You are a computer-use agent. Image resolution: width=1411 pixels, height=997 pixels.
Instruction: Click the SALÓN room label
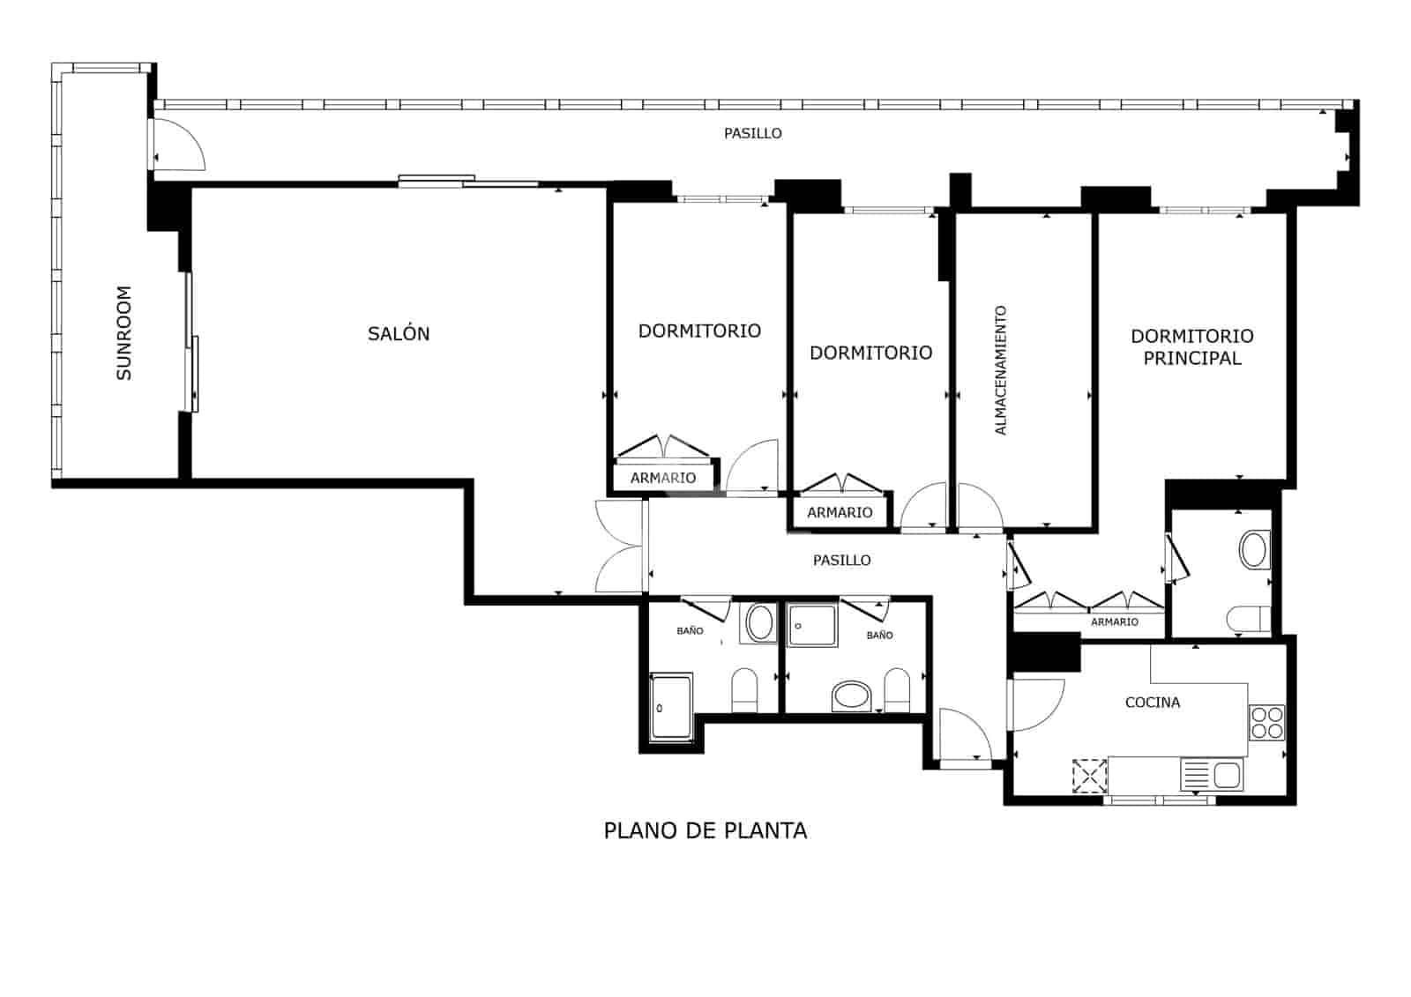tap(399, 334)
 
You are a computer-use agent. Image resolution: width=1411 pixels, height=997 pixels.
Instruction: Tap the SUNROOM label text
tap(124, 333)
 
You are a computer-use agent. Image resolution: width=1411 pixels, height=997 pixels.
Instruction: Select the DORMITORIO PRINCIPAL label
tap(1191, 346)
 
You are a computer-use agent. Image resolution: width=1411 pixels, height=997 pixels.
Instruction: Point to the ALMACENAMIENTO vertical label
tap(1000, 370)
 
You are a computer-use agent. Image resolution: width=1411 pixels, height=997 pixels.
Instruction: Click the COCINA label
tap(1152, 703)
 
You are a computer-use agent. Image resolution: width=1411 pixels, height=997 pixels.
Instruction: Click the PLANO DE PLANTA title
tap(705, 830)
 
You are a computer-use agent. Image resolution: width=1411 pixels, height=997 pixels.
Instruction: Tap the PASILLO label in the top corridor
tap(752, 134)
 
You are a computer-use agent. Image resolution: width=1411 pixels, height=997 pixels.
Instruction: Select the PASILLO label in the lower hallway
tap(841, 560)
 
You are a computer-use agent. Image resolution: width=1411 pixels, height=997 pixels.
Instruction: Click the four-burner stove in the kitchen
tap(1267, 722)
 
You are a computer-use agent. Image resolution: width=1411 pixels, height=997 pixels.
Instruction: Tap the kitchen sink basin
tap(1227, 776)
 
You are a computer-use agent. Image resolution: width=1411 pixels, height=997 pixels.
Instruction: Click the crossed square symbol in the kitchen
tap(1089, 776)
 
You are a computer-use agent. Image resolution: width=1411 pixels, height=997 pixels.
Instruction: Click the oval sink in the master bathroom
tap(1254, 549)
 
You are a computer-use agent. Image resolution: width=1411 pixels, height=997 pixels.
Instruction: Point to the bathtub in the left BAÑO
tap(671, 707)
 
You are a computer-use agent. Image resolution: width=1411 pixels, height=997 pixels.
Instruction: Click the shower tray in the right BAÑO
tap(812, 625)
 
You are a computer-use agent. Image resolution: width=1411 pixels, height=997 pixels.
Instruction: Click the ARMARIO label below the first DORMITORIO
tap(662, 478)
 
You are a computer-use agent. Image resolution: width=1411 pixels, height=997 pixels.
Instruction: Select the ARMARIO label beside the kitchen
tap(1114, 622)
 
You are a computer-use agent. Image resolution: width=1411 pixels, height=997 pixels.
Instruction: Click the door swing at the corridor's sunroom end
tap(179, 145)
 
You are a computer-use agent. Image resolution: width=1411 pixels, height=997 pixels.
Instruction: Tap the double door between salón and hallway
tap(620, 547)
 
